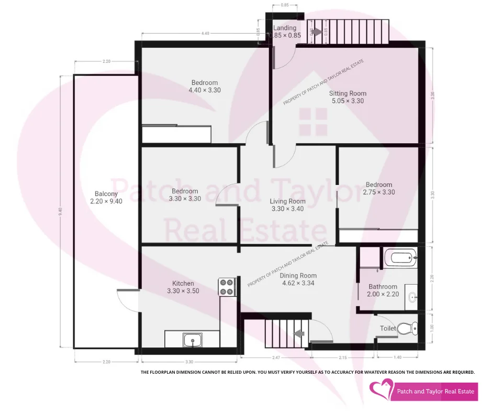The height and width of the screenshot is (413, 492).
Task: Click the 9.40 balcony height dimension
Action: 61,211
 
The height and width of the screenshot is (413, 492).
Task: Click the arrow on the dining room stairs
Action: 299,332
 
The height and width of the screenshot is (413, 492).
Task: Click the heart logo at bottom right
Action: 382,390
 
